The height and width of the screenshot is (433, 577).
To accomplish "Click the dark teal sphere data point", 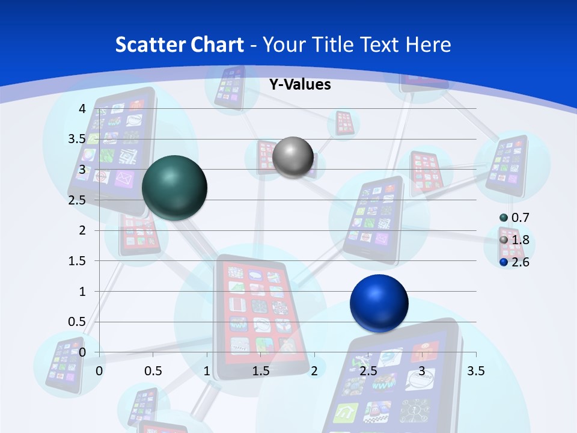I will tap(174, 187).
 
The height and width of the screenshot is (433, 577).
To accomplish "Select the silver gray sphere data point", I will tap(293, 157).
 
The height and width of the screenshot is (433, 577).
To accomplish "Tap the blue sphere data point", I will tap(379, 303).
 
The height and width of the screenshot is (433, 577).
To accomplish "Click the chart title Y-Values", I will tap(299, 85).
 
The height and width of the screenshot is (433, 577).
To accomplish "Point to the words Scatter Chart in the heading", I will tap(179, 45).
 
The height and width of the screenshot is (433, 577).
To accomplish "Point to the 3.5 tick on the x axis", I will tap(475, 371).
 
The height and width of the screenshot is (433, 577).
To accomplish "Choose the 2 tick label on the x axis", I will tap(314, 371).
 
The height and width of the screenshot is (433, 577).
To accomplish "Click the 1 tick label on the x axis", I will tap(207, 371).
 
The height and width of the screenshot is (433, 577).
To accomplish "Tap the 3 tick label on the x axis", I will tap(422, 371).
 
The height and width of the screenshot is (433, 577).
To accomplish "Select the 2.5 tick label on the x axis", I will tap(368, 371).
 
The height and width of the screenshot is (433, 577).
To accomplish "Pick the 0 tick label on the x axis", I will tap(100, 371).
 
